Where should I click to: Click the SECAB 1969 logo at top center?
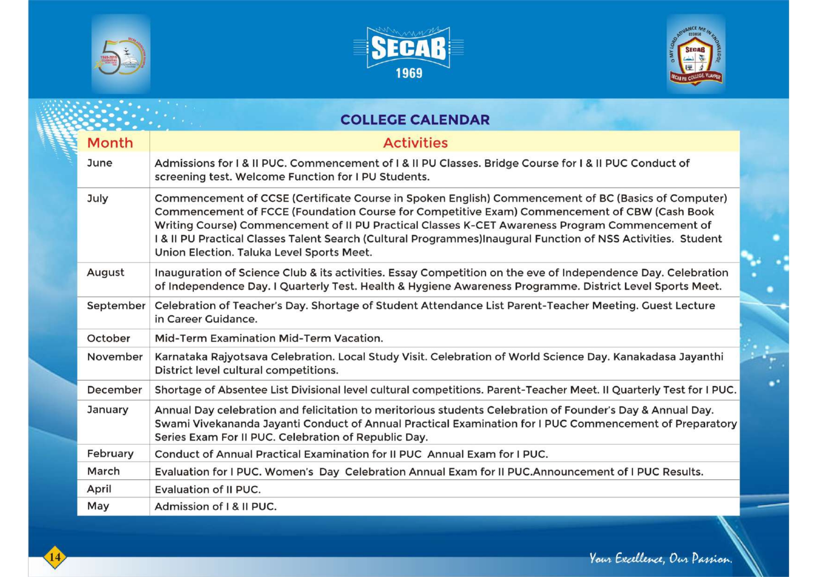tap(408, 52)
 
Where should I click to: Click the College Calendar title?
tap(415, 120)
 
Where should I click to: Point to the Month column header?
tap(110, 142)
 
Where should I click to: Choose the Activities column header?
tap(415, 142)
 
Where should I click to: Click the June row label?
tap(100, 163)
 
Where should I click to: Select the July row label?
tap(97, 198)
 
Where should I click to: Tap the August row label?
tap(105, 272)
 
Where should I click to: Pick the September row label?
tap(116, 306)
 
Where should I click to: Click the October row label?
tap(108, 338)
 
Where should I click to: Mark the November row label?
tap(115, 357)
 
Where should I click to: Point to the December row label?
tap(114, 390)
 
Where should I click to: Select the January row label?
tap(108, 409)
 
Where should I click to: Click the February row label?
tap(110, 453)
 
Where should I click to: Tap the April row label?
tap(99, 489)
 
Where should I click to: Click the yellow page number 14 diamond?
tap(54, 557)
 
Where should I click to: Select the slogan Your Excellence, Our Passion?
tap(660, 558)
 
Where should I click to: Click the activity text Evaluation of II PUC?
tap(208, 490)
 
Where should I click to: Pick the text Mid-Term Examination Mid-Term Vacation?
tap(269, 338)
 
